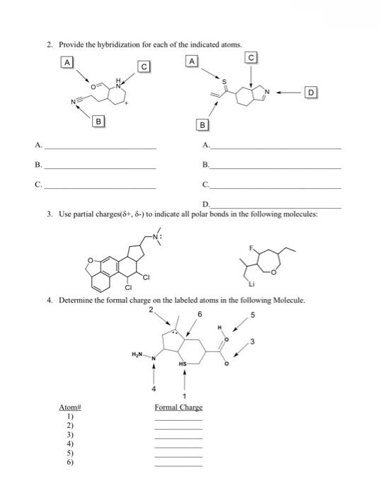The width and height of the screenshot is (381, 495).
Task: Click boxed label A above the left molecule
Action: coord(67,62)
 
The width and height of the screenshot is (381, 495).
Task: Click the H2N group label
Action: coord(138,354)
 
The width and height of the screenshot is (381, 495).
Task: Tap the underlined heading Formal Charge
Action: coord(178,408)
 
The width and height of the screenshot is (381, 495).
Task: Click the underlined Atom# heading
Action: coord(69,408)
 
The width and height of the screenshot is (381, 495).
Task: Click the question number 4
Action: coord(50,301)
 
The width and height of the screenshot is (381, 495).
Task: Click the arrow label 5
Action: coord(252,315)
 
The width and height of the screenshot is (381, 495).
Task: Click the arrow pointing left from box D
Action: coord(290,92)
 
